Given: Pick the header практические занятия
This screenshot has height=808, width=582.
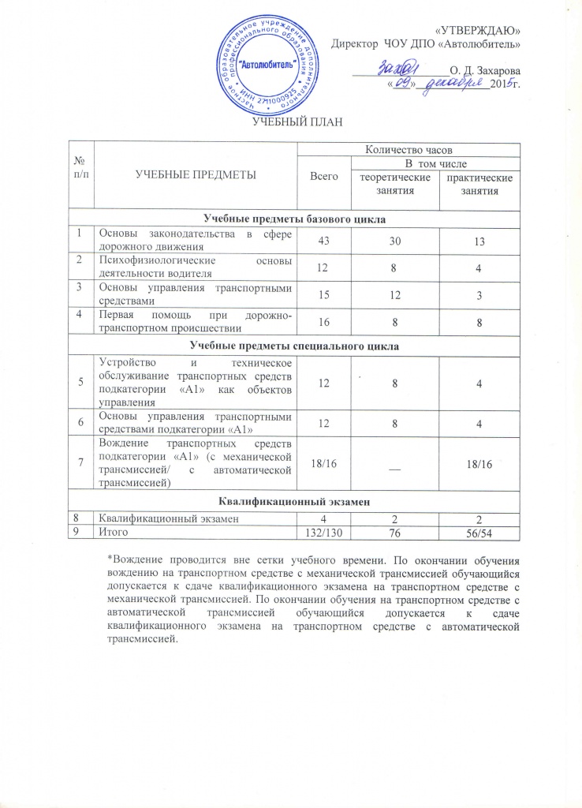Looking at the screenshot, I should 479,186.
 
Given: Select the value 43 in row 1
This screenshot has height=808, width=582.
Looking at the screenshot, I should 322,240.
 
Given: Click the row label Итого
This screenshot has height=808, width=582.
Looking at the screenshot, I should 110,534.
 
